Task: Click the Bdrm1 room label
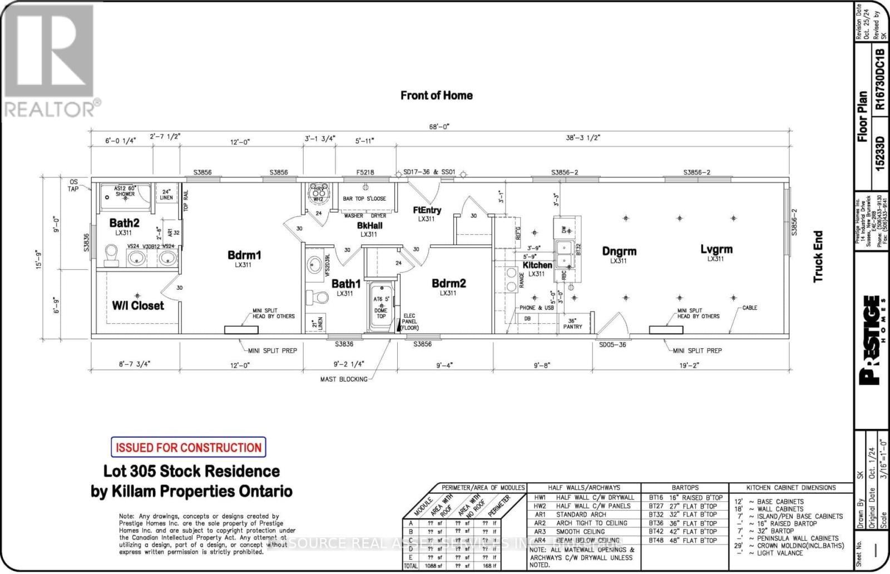tap(244, 255)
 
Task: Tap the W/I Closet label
tap(138, 305)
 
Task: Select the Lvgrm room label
tap(716, 250)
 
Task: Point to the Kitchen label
tap(537, 265)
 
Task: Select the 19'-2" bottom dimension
tap(688, 365)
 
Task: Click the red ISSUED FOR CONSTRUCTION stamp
tap(188, 447)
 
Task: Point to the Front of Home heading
tap(437, 96)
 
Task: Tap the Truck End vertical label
tap(818, 256)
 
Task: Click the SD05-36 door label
tap(612, 345)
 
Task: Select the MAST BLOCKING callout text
tap(344, 379)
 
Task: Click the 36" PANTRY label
tap(572, 324)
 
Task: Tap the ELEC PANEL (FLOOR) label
tap(411, 322)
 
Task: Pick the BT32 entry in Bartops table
tap(656, 514)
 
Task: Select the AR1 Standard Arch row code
tap(539, 514)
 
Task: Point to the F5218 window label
tap(365, 172)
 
